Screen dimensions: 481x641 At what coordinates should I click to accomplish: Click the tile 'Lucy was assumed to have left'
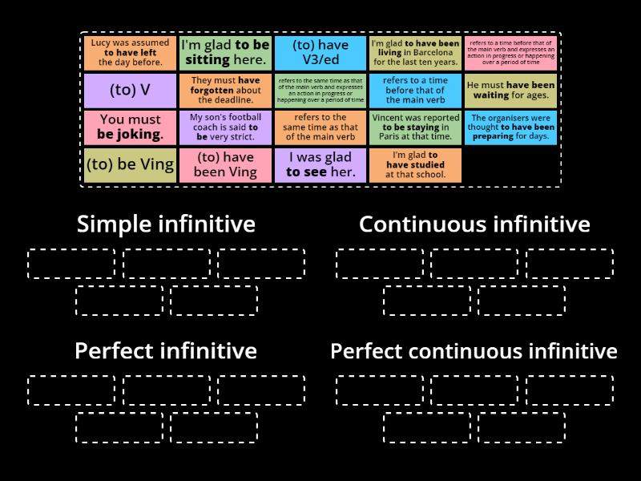click(x=130, y=52)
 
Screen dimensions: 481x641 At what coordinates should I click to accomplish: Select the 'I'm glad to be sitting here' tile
click(x=225, y=52)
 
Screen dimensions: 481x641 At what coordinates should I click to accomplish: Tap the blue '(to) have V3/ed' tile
click(x=320, y=52)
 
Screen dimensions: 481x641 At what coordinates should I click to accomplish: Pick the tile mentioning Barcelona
click(x=415, y=52)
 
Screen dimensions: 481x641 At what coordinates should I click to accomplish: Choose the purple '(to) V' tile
click(x=130, y=90)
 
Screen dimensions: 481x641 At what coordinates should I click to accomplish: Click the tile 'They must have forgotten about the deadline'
click(x=225, y=90)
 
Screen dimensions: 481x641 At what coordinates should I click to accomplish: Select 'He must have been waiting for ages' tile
click(x=510, y=90)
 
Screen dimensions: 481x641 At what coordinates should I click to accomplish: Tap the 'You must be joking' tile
click(x=130, y=127)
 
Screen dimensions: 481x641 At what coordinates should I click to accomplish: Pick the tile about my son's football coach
click(x=225, y=127)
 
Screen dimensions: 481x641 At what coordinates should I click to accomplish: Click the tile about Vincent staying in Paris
click(x=415, y=127)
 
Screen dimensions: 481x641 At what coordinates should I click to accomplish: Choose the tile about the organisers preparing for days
click(x=510, y=127)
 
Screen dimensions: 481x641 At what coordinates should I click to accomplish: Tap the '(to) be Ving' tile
click(x=130, y=165)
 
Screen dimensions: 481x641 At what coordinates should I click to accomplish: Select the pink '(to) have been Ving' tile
click(x=225, y=165)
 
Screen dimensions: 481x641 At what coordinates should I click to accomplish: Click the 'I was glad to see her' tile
click(x=320, y=165)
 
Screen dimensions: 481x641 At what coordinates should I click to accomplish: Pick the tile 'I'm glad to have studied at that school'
click(x=415, y=165)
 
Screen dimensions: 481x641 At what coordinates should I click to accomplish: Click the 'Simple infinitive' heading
click(x=166, y=224)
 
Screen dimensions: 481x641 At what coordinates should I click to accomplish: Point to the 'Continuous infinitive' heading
click(x=474, y=224)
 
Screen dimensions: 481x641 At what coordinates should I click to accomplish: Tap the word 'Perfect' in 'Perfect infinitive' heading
click(x=115, y=351)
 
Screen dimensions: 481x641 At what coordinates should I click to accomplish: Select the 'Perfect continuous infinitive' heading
click(x=474, y=351)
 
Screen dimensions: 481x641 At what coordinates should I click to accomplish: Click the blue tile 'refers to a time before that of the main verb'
click(x=415, y=90)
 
